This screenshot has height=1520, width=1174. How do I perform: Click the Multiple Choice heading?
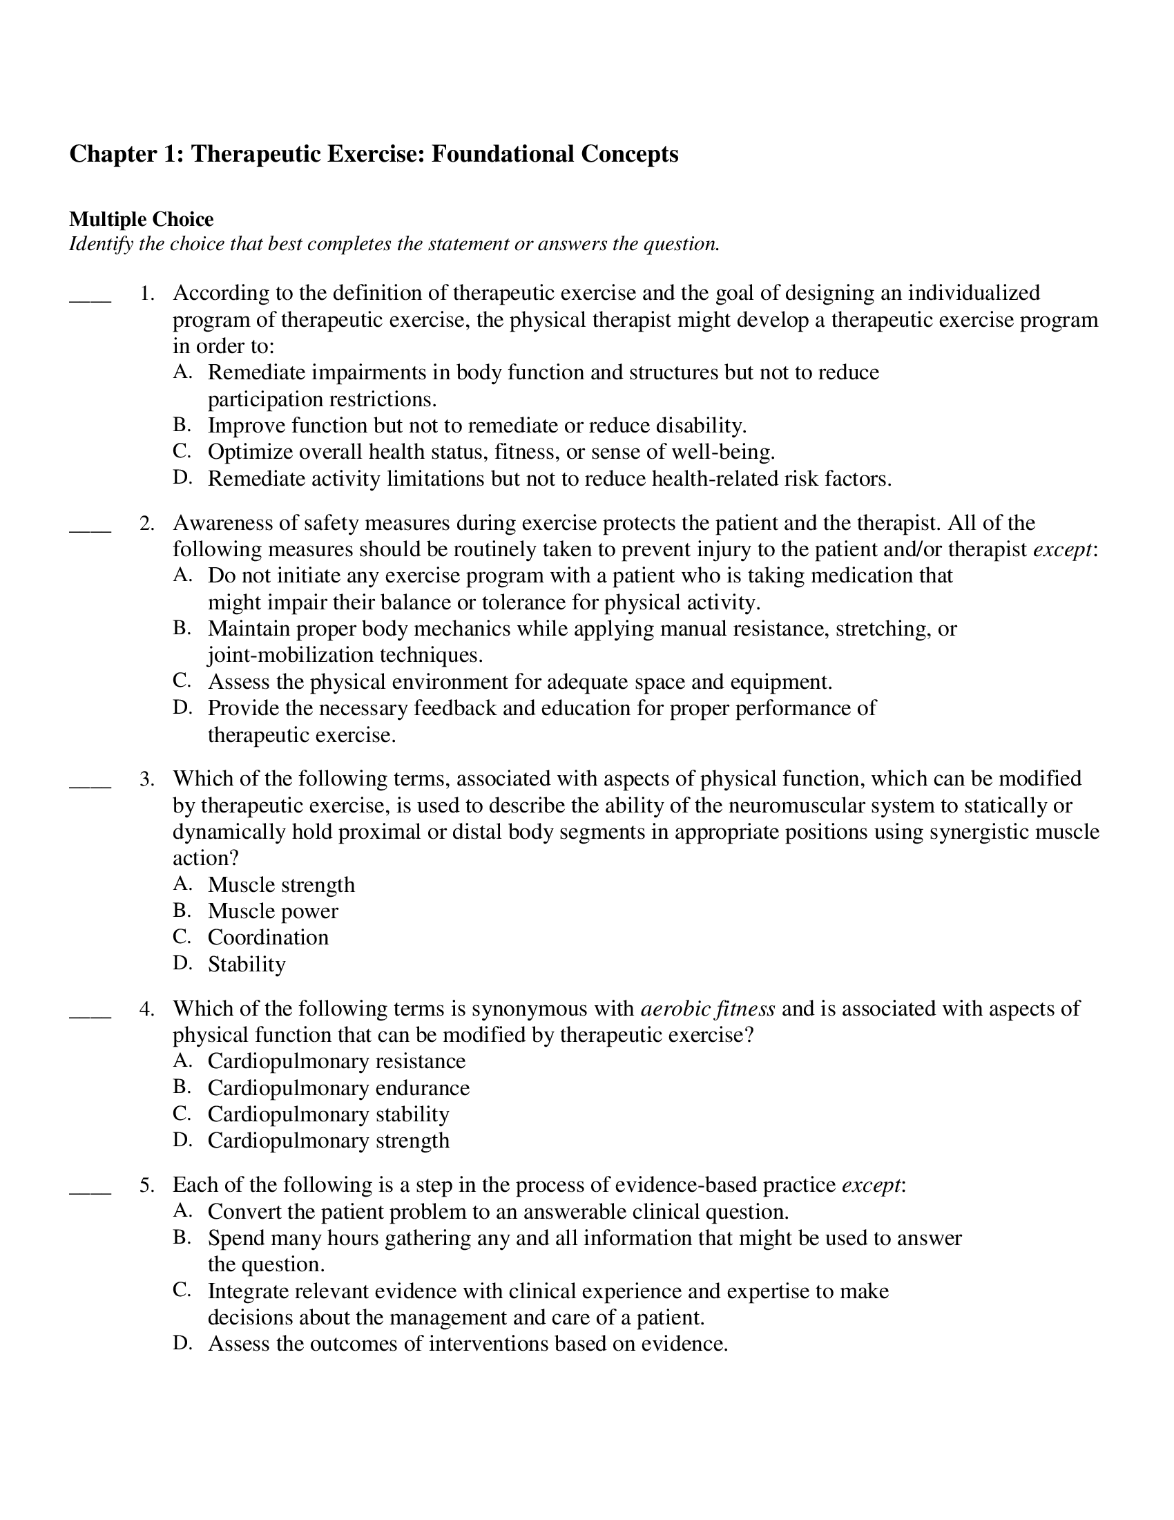click(x=141, y=220)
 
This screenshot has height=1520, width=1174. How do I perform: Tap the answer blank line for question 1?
click(x=90, y=301)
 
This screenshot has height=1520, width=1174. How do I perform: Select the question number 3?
click(x=146, y=779)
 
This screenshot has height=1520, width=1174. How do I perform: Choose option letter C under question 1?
click(x=182, y=451)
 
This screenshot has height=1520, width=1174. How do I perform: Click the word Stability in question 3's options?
click(x=247, y=965)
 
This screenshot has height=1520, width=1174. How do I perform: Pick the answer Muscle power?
click(x=273, y=911)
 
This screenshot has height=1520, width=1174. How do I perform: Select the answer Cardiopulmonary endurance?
click(x=338, y=1087)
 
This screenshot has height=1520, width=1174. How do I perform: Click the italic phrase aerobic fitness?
click(x=707, y=1009)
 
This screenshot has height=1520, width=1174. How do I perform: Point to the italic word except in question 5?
click(x=871, y=1185)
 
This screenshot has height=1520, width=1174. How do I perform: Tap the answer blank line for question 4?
click(x=90, y=1017)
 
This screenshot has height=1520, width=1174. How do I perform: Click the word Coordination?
click(x=268, y=938)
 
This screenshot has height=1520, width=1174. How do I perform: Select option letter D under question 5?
click(x=182, y=1343)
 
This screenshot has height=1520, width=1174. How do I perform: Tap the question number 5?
click(x=146, y=1185)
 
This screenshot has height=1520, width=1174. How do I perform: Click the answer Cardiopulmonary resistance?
click(x=336, y=1061)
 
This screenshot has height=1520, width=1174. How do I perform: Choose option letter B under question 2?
click(x=182, y=629)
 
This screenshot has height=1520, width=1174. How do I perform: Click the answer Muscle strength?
click(x=281, y=884)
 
